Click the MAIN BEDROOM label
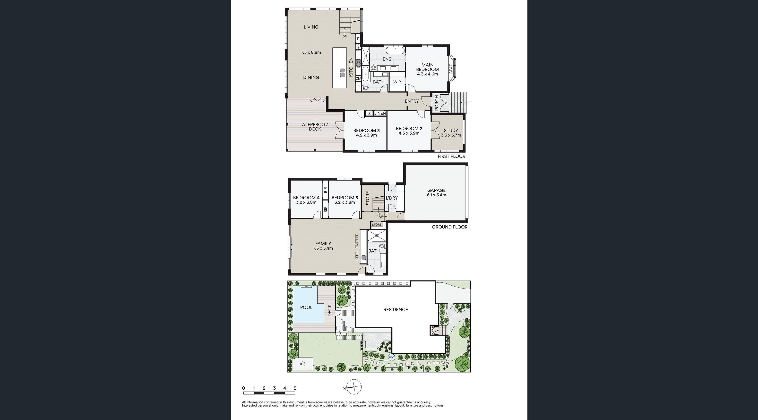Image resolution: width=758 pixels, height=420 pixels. pos(427,67)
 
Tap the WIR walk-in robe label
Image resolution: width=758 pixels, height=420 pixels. pos(397,82)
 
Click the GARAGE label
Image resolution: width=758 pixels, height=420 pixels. pos(436,190)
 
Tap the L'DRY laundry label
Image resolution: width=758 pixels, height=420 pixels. pos(391,198)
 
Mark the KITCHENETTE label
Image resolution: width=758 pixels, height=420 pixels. pos(357,247)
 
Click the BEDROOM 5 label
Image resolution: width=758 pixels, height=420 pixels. pos(345,198)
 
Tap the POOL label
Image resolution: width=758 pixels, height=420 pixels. pos(306,307)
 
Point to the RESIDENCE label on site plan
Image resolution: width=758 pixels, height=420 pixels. pos(396,309)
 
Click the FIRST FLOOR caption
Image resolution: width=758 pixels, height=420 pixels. pos(451,156)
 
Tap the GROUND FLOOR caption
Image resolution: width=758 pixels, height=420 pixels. pos(449,227)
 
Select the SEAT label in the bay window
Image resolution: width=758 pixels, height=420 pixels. pos(451,69)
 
